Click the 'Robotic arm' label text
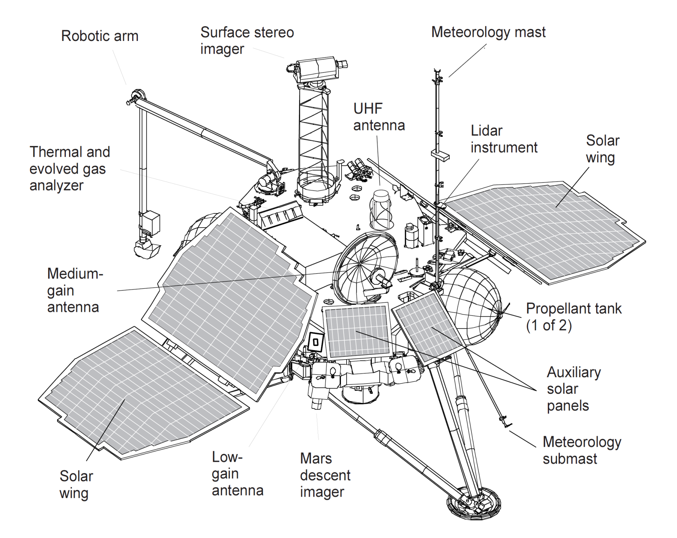[x=100, y=36]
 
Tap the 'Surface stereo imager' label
[x=247, y=41]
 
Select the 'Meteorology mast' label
[x=488, y=32]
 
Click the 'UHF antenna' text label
[x=379, y=117]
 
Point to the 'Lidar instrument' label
[x=504, y=139]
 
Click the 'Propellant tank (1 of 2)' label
[x=573, y=317]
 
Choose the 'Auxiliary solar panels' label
[x=573, y=389]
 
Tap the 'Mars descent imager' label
[x=325, y=475]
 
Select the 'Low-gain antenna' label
[x=237, y=473]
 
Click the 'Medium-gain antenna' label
[x=75, y=290]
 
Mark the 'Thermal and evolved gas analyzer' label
[x=69, y=169]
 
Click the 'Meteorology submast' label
[x=582, y=450]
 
